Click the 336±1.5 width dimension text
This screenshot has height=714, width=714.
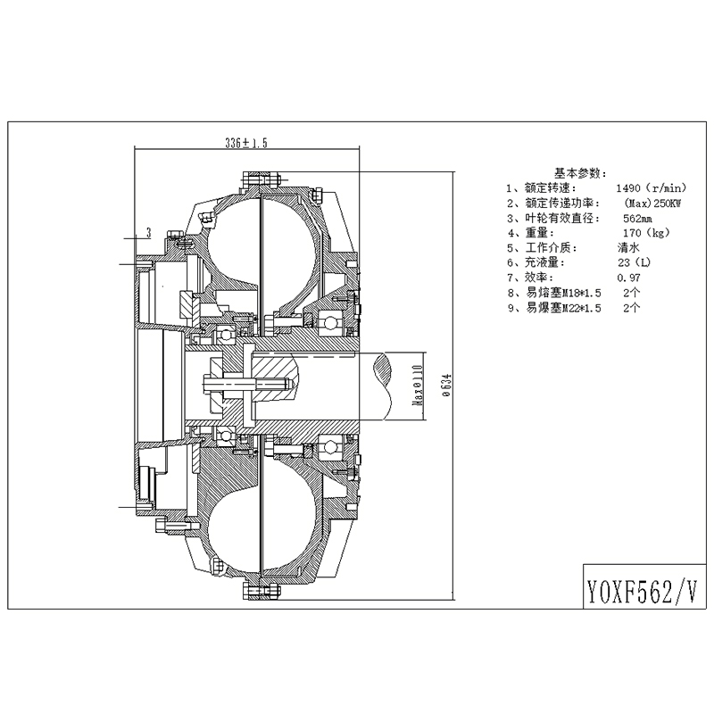246,143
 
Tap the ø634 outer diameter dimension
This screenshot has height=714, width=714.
447,385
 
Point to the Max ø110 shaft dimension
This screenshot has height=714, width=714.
418,385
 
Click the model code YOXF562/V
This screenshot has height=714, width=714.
643,591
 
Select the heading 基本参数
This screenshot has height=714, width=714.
580,173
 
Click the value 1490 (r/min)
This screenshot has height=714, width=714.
652,187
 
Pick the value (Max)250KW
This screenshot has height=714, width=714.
652,203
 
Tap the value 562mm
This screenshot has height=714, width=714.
637,218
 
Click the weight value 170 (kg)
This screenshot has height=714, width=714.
646,233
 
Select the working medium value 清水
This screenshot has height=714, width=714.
629,247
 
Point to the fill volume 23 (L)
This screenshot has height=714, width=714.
635,262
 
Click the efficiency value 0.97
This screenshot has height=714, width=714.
629,278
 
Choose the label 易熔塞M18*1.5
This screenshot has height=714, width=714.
563,293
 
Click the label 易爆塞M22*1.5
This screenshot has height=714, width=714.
563,308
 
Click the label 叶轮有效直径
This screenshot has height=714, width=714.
561,218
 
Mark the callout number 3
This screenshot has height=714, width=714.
148,233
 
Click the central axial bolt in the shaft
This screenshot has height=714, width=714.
247,385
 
